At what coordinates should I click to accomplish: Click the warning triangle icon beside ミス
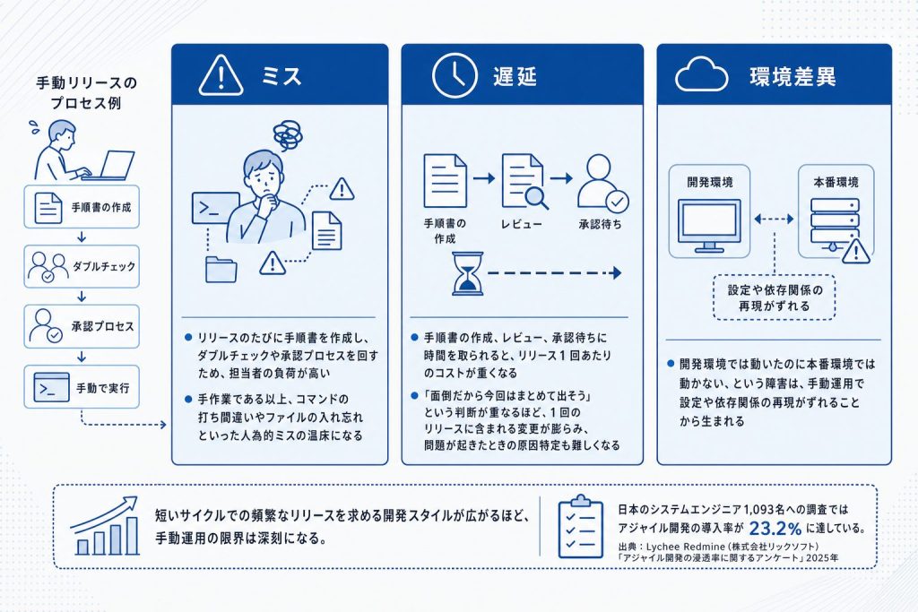pyautogui.click(x=221, y=75)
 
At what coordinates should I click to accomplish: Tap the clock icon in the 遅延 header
pyautogui.click(x=455, y=75)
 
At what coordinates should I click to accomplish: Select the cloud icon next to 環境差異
pyautogui.click(x=701, y=75)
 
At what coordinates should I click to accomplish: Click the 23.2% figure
pyautogui.click(x=775, y=529)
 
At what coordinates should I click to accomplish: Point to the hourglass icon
pyautogui.click(x=468, y=273)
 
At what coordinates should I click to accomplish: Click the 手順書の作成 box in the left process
pyautogui.click(x=82, y=206)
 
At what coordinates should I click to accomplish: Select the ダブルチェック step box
pyautogui.click(x=82, y=267)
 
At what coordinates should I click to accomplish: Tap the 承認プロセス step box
pyautogui.click(x=82, y=326)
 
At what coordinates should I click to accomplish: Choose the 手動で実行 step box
pyautogui.click(x=82, y=387)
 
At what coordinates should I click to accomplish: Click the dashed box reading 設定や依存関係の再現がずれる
pyautogui.click(x=774, y=297)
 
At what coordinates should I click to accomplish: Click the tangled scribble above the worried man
pyautogui.click(x=288, y=135)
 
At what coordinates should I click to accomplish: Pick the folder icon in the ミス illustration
pyautogui.click(x=221, y=270)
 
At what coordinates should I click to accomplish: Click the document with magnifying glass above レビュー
pyautogui.click(x=524, y=181)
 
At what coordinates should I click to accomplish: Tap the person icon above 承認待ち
pyautogui.click(x=602, y=183)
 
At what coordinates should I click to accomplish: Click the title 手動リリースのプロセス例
pyautogui.click(x=86, y=92)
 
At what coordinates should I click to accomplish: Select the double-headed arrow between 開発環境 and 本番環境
pyautogui.click(x=774, y=219)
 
